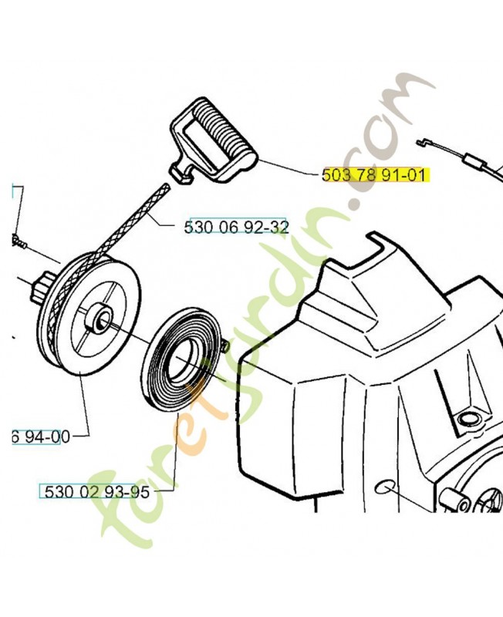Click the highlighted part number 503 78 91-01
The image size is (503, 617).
(373, 175)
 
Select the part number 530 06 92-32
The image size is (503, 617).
(237, 227)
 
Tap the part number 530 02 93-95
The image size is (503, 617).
(97, 492)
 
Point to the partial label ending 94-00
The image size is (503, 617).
(41, 437)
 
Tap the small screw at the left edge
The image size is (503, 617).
(18, 241)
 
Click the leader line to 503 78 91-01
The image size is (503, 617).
(289, 168)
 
